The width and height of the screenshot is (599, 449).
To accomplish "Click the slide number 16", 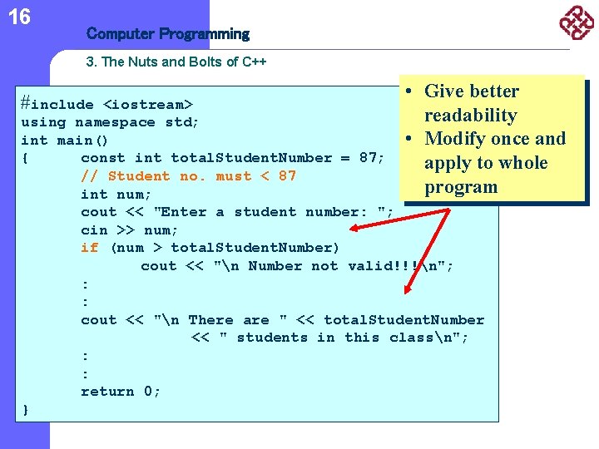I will coord(19,16).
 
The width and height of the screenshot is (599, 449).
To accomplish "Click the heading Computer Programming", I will coord(167,34).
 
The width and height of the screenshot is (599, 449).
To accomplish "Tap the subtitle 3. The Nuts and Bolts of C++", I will coord(176,62).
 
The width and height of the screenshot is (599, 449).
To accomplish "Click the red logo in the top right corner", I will coord(576,22).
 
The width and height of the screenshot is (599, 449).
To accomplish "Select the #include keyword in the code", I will coord(57,104).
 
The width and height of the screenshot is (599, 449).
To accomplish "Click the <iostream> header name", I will coord(147,105).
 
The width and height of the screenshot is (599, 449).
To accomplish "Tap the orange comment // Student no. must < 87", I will coord(188,176).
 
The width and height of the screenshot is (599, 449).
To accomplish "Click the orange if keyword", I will coord(89,248).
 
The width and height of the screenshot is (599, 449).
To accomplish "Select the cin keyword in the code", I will coord(94,229).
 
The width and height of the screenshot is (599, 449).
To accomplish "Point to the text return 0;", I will coord(121,392).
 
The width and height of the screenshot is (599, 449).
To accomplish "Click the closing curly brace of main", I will coord(26,409).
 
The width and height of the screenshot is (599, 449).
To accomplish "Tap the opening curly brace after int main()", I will coord(26,158).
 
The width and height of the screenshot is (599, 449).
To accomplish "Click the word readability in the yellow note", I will coord(470,116).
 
